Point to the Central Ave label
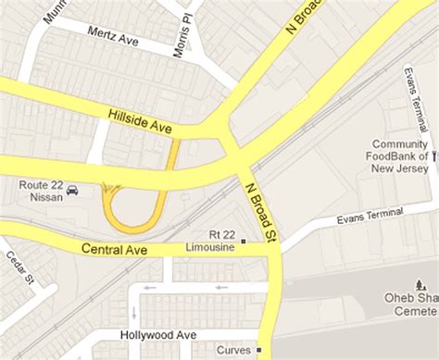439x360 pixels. (x=114, y=249)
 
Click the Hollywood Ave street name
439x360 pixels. (x=158, y=334)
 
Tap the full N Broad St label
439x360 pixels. (x=262, y=213)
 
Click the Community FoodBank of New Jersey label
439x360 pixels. (x=400, y=155)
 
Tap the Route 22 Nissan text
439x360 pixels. (x=41, y=191)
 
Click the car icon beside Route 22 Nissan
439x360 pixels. (x=73, y=192)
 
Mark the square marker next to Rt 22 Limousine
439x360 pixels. (x=244, y=242)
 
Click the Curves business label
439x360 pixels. (x=233, y=350)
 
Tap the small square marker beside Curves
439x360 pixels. (x=258, y=350)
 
